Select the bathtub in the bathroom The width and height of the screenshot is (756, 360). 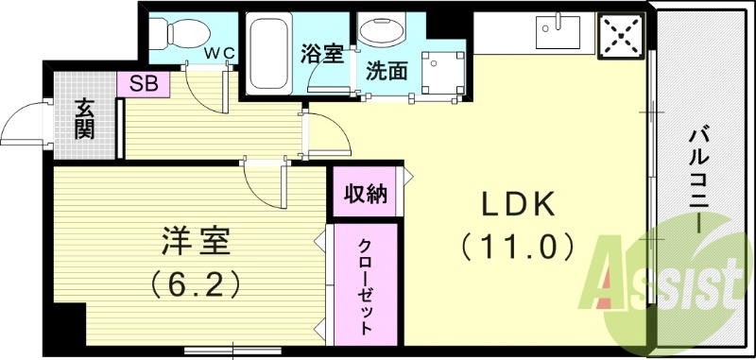(270, 53)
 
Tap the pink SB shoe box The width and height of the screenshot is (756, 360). (143, 83)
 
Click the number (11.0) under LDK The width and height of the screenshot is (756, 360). (517, 248)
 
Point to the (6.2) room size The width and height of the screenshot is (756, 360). (194, 282)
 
